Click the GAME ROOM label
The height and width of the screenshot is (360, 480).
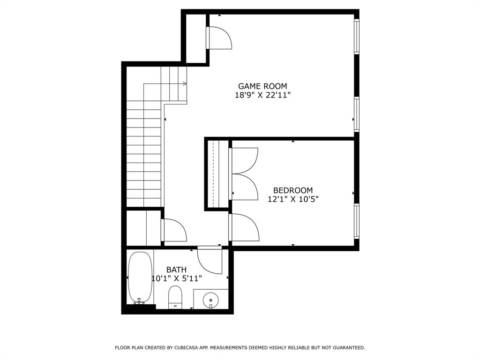click(x=262, y=86)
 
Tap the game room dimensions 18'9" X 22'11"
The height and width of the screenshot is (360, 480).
click(x=262, y=95)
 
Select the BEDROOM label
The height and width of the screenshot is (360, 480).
click(x=293, y=190)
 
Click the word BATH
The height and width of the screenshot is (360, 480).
click(x=176, y=270)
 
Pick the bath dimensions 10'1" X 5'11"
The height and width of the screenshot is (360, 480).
click(x=177, y=278)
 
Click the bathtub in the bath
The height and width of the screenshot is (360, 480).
click(x=140, y=277)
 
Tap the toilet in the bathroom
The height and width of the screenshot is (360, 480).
click(x=175, y=298)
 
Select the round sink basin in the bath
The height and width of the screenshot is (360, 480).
click(x=211, y=300)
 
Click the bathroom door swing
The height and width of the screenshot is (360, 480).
click(x=210, y=261)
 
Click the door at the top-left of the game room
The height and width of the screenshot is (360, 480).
click(x=219, y=38)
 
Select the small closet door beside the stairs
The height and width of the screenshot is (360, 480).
click(x=174, y=230)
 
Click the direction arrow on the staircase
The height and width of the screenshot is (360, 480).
click(x=184, y=84)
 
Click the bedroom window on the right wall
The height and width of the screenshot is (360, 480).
click(x=357, y=221)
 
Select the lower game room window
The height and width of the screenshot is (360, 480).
click(x=357, y=114)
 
